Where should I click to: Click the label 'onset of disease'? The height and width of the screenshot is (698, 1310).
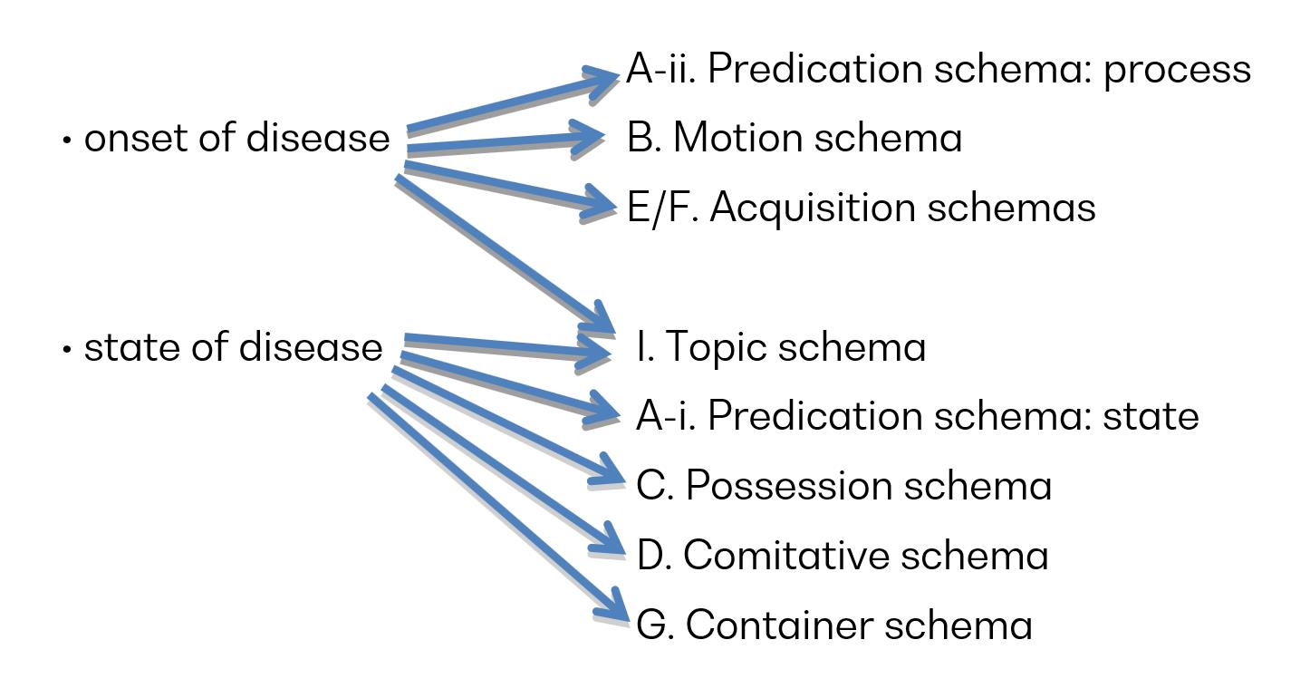point(236,138)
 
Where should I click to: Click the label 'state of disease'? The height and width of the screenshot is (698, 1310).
point(233,347)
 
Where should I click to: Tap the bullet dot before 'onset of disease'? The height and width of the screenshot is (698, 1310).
point(67,141)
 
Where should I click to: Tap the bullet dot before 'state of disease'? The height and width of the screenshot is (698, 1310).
point(67,349)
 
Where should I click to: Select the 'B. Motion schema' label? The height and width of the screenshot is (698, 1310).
point(795,138)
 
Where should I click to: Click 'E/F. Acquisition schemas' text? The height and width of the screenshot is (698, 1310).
point(861,208)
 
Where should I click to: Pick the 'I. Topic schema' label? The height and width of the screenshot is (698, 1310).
point(781,347)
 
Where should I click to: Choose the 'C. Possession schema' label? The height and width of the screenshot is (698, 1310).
point(844,486)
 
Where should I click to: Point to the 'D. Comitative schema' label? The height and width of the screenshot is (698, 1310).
point(843,556)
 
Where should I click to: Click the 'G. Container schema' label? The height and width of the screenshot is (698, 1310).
point(834,625)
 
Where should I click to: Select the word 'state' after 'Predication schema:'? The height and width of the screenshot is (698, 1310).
point(1151,417)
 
